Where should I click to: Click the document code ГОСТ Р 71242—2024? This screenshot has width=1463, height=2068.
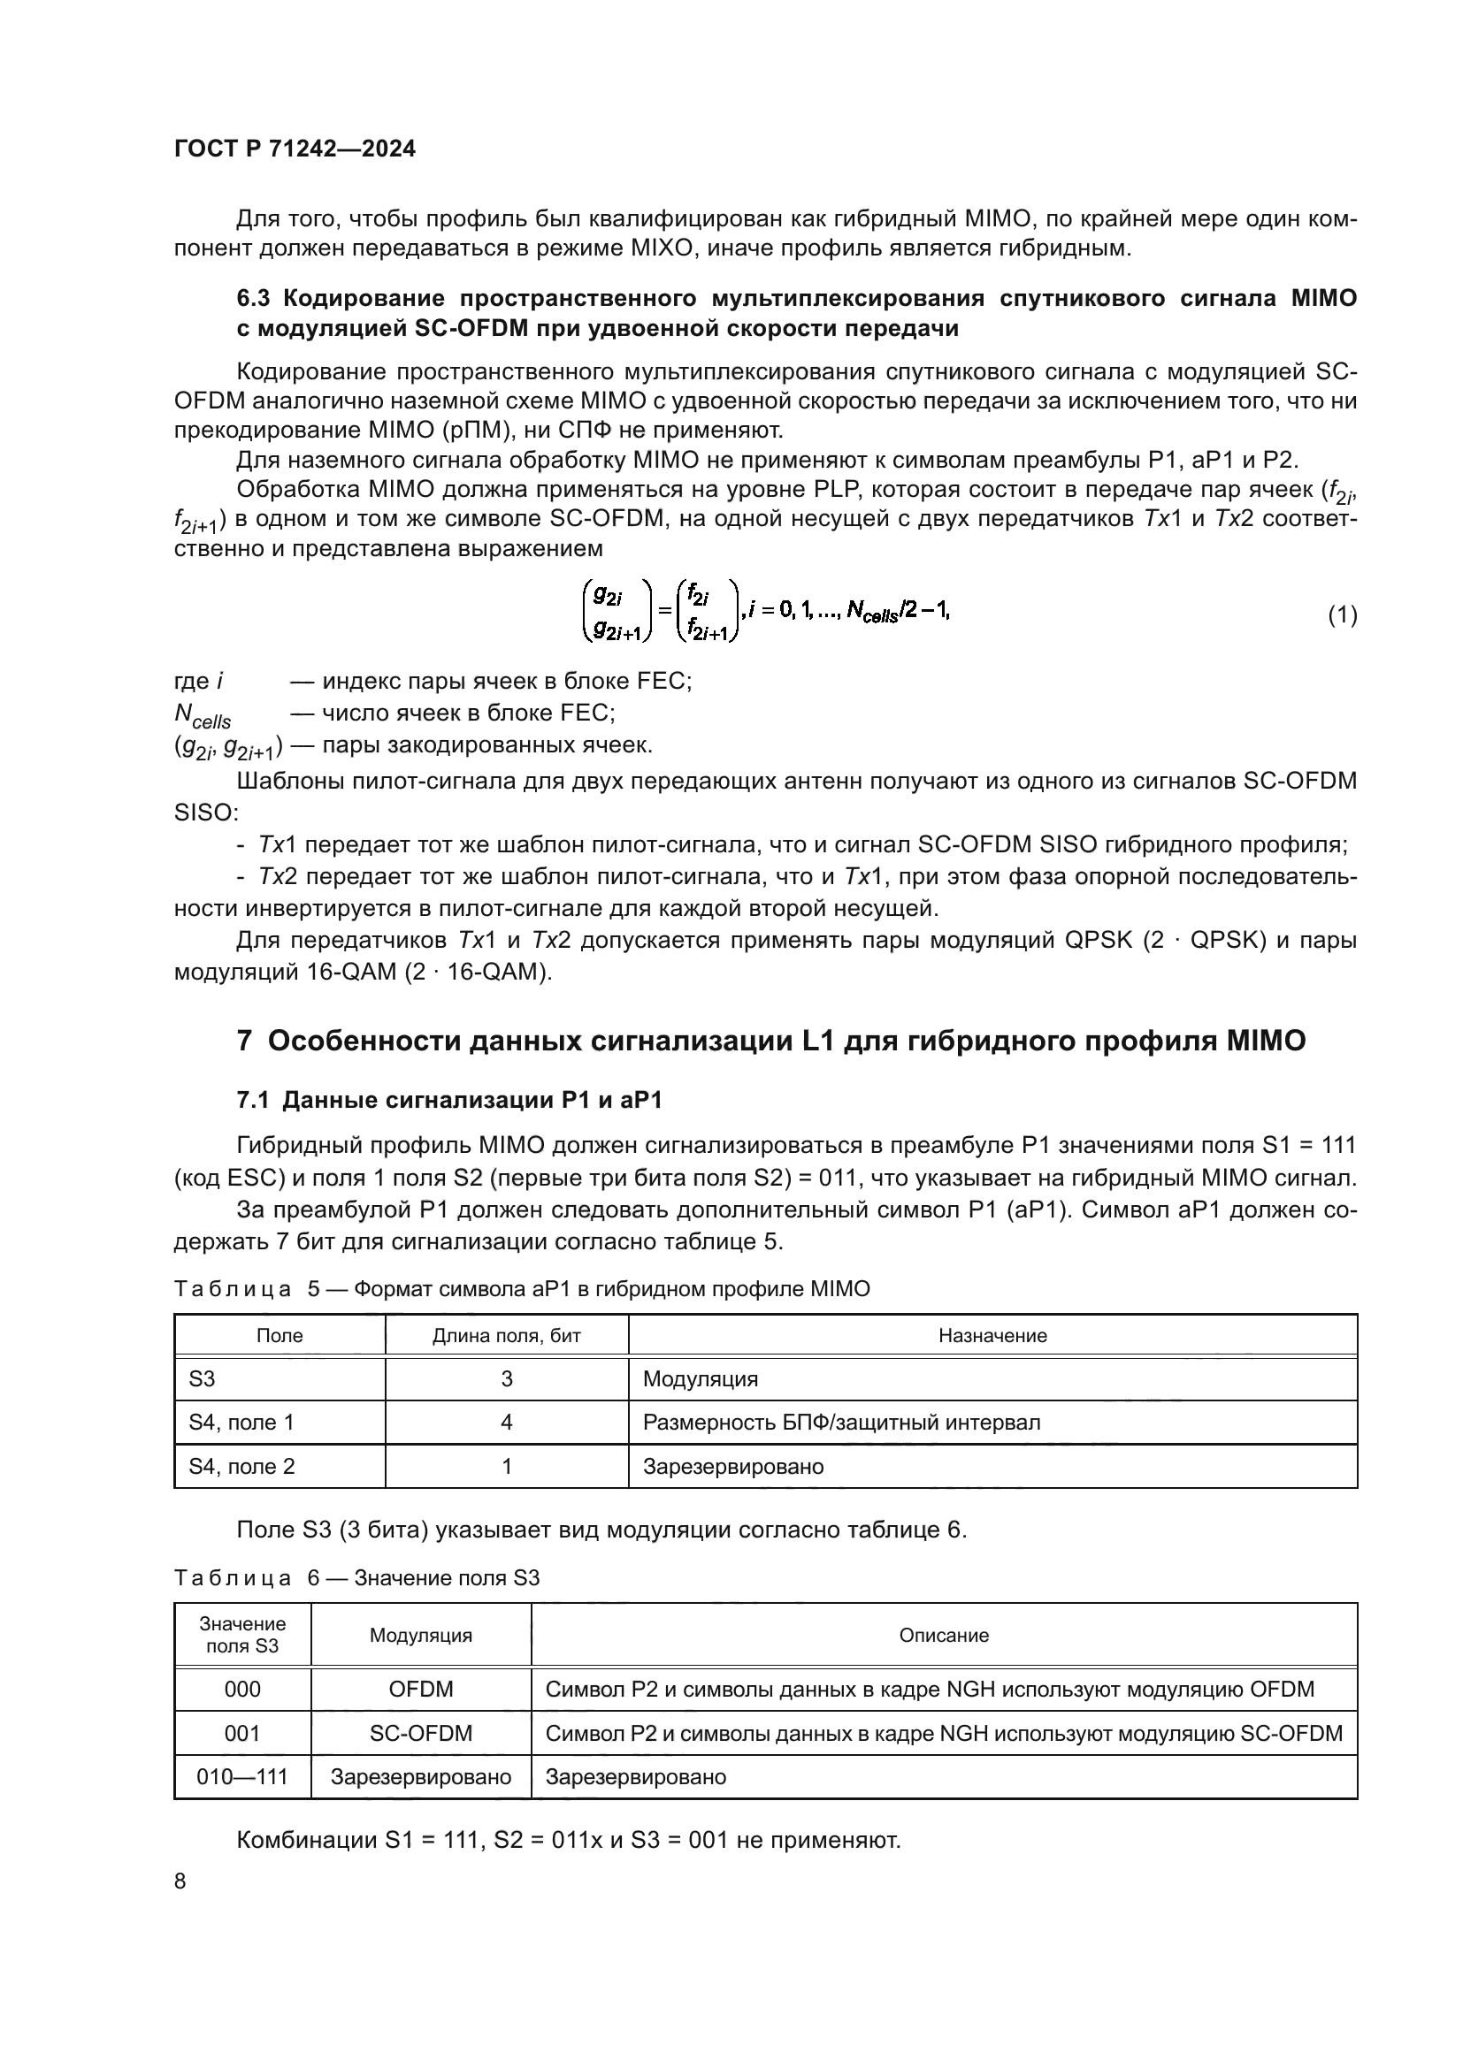(295, 149)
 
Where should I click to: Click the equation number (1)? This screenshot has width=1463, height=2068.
(1343, 615)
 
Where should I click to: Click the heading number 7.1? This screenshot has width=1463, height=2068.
(255, 1100)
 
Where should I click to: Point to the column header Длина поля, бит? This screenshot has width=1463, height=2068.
(506, 1336)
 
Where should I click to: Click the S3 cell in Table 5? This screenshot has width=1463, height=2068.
(202, 1379)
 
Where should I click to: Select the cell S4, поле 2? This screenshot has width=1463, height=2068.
(241, 1466)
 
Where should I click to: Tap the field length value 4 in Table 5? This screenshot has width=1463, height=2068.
(506, 1423)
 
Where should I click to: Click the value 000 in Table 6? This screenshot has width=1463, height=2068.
(242, 1689)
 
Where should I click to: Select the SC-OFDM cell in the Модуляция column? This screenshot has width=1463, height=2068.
(421, 1733)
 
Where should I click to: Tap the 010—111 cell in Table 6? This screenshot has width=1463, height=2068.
(242, 1777)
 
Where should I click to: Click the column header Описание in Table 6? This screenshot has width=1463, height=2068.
(943, 1635)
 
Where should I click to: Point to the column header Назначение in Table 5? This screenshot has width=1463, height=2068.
(992, 1336)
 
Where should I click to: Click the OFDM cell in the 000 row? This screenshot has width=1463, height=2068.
(421, 1689)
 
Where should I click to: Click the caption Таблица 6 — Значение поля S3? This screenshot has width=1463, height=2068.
(356, 1578)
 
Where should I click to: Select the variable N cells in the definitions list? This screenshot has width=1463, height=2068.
(203, 715)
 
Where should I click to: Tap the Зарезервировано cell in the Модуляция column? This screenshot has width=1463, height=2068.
(421, 1777)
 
